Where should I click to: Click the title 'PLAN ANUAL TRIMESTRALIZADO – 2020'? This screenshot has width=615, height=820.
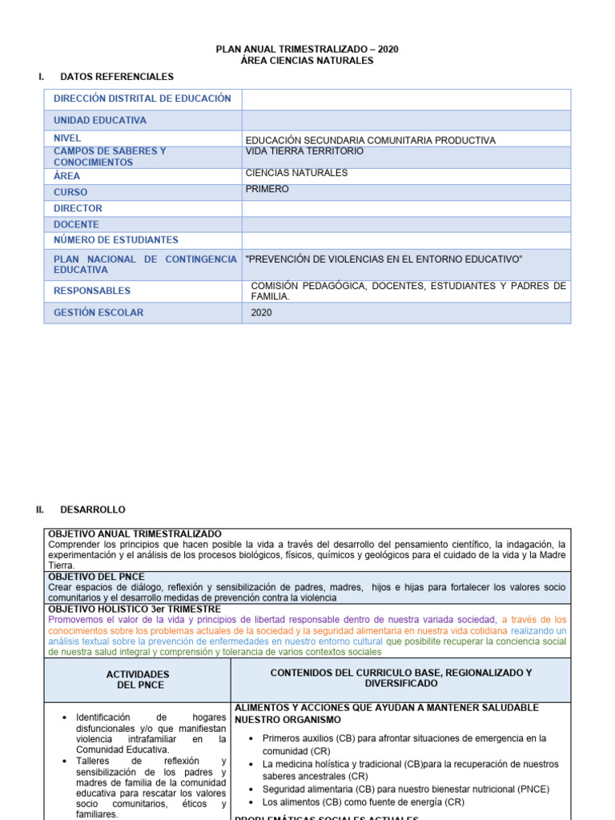click(307, 50)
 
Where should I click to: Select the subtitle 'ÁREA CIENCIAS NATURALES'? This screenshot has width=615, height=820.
click(307, 61)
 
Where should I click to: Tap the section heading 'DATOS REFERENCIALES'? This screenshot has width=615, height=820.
click(117, 77)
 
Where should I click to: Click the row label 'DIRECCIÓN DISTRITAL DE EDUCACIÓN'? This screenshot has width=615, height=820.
click(143, 98)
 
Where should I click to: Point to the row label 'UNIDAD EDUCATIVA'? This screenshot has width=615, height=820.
click(100, 120)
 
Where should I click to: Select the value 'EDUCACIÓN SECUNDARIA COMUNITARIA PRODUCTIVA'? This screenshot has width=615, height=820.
click(370, 140)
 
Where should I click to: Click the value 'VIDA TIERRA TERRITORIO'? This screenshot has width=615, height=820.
click(304, 151)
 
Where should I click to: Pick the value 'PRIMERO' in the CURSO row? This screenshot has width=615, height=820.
click(267, 190)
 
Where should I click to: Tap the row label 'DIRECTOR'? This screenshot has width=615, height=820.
click(78, 208)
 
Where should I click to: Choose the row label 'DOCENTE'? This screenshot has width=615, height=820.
click(76, 224)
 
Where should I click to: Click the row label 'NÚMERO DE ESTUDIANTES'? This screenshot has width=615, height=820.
click(116, 240)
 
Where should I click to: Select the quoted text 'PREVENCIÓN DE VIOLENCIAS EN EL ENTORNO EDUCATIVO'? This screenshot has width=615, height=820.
click(384, 259)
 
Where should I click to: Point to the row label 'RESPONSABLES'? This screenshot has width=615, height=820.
click(92, 291)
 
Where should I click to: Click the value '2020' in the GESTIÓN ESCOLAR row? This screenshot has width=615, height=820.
click(261, 312)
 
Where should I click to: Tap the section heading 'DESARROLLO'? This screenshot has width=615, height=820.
click(93, 509)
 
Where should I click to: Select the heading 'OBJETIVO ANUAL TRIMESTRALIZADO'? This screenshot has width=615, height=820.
click(135, 534)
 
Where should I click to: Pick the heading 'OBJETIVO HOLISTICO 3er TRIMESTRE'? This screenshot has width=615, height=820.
click(135, 609)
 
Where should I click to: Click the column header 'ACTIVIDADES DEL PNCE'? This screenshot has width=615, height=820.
click(138, 680)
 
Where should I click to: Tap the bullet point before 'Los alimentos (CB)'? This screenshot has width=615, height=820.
click(252, 802)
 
